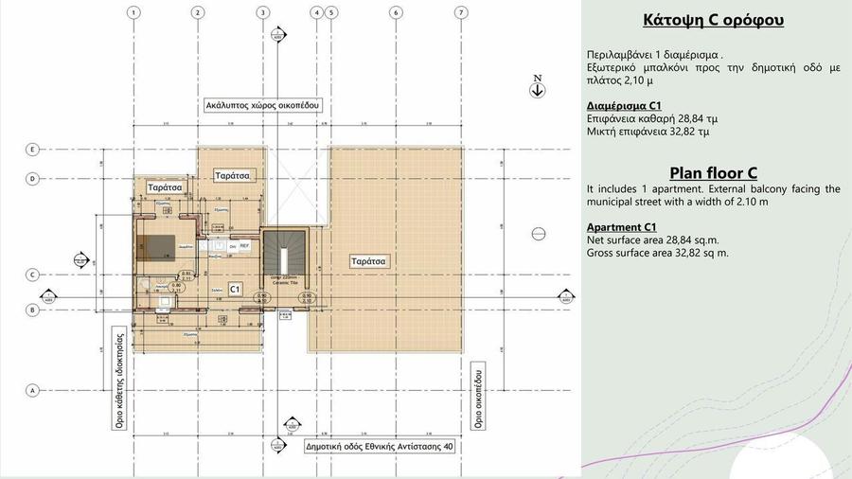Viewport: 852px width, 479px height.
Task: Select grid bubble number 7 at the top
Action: [460, 13]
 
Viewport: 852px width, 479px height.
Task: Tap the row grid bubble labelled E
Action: [32, 150]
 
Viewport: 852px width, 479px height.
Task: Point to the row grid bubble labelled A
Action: [32, 390]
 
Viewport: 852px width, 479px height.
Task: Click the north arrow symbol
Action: [537, 88]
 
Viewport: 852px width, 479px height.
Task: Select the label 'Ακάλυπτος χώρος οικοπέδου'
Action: [263, 105]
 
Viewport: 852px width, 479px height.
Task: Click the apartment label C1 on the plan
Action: [236, 287]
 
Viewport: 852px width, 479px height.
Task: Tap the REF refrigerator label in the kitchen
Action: [243, 245]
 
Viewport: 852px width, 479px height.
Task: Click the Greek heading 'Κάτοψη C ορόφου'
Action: [713, 20]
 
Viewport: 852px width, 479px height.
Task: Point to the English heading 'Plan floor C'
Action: [713, 173]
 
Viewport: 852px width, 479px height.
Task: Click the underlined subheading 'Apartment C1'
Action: [622, 228]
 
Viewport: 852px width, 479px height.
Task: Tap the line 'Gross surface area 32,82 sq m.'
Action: [657, 254]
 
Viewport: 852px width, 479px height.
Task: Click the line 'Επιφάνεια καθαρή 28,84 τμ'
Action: [653, 119]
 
